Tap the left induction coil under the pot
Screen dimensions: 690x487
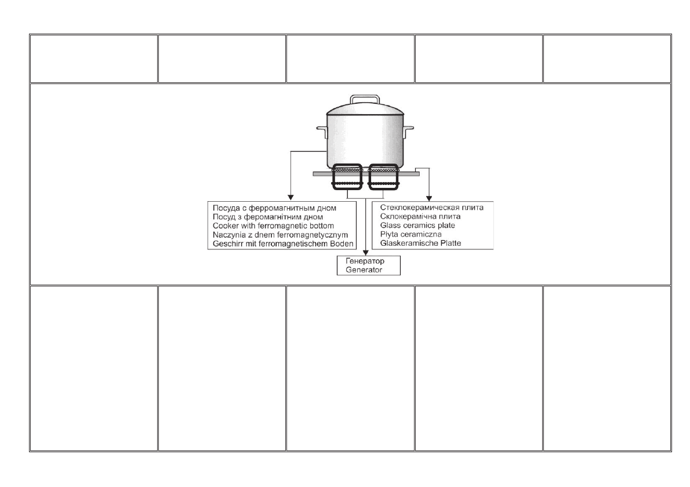347,176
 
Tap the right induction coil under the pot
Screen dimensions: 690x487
383,176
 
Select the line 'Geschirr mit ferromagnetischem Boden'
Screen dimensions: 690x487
281,244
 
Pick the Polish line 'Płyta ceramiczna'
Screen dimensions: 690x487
411,234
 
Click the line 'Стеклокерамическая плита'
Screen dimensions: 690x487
432,206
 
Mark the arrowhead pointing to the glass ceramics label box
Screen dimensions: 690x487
429,196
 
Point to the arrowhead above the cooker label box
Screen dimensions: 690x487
290,196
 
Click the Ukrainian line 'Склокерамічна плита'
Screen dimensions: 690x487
420,216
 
